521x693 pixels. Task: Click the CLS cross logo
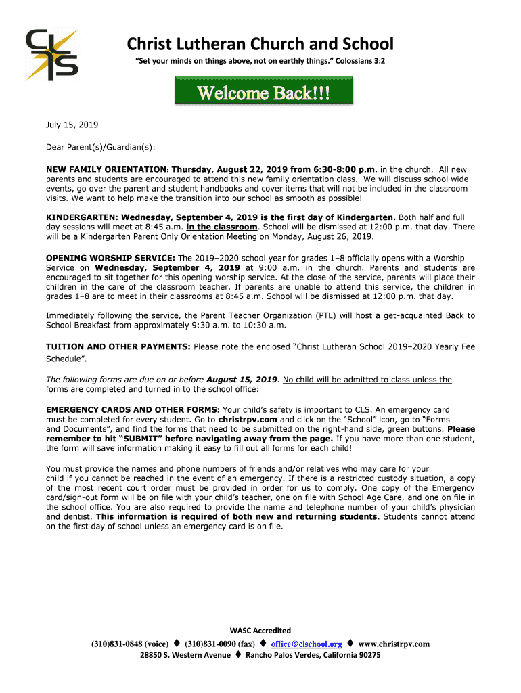point(51,54)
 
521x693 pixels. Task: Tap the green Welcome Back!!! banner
point(263,93)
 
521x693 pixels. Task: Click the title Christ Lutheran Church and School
point(260,45)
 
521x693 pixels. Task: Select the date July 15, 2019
point(72,125)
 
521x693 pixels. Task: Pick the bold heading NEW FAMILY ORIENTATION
point(106,169)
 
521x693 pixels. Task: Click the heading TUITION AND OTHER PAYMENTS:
point(118,346)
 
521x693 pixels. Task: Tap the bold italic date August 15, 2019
point(242,380)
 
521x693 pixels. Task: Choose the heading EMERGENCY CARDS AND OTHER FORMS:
point(132,410)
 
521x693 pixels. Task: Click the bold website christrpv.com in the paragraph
point(248,420)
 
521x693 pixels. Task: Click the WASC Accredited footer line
point(260,631)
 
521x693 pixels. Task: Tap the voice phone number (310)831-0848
point(118,644)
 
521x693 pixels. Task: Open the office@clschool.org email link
point(307,644)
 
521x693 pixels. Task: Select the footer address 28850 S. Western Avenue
point(185,656)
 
